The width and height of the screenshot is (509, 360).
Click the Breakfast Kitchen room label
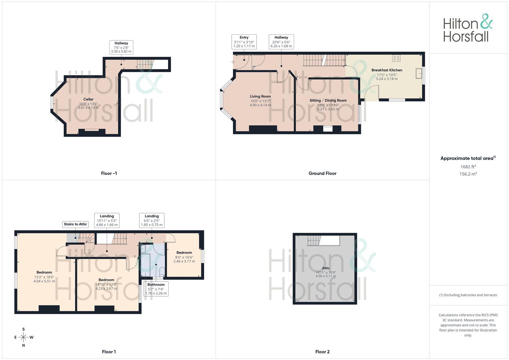coord(387,70)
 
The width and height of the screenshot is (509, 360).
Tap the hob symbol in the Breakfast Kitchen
coord(396,58)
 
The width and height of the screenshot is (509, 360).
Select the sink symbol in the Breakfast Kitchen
coord(419,74)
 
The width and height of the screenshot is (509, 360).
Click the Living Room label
coord(260,97)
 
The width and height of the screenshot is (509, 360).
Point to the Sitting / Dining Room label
coord(328,101)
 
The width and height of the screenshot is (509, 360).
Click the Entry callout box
coord(244,42)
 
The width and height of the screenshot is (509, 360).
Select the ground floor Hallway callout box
coord(281,42)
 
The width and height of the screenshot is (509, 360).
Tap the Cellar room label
coord(88,99)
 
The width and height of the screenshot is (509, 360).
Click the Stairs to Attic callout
coord(75,224)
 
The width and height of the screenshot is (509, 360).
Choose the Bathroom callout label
coord(156,289)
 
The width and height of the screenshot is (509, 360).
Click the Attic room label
coord(326,268)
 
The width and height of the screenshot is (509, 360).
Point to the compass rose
coord(23,337)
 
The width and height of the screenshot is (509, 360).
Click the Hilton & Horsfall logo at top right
coord(468,28)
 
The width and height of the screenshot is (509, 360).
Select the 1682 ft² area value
coord(468,167)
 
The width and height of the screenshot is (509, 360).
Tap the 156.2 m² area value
coord(468,174)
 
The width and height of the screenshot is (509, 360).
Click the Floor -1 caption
coord(109,173)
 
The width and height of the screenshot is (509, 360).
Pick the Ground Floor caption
coord(322,173)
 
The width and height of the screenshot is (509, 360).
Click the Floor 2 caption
coord(322,352)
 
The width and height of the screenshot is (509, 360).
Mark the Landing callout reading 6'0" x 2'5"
coord(152,220)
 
